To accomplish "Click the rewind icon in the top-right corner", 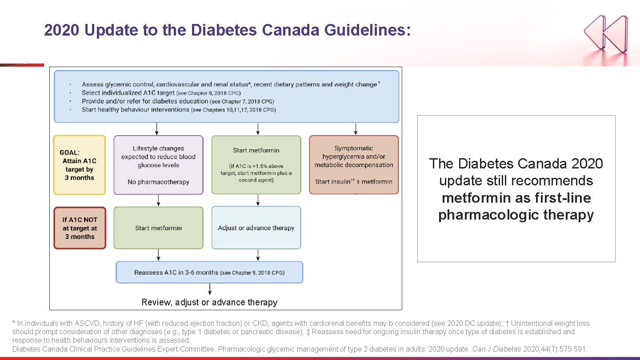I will (606, 32).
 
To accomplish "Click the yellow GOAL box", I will (80, 165).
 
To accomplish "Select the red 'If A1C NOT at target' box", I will (80, 228).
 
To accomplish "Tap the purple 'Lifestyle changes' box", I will (158, 165).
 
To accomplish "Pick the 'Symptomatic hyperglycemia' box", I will (354, 165).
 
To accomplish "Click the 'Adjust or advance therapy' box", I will (256, 228).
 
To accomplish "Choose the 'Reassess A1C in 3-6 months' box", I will (209, 272).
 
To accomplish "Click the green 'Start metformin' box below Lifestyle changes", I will (158, 228).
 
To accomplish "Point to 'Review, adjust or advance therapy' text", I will (209, 303).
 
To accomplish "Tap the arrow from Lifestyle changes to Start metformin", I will (158, 200).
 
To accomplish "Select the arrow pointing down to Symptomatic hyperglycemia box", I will (356, 129).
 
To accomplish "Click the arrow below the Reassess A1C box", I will (210, 289).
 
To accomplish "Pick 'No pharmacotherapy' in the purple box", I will (158, 182).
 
